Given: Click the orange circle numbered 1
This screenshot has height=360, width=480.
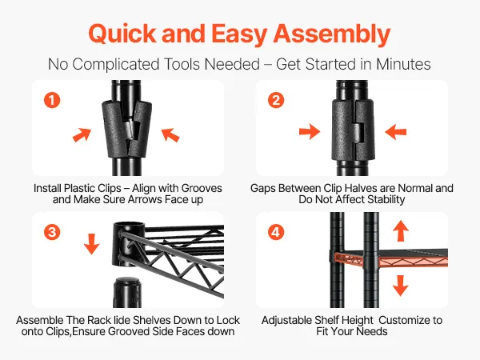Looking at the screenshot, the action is [x=52, y=100].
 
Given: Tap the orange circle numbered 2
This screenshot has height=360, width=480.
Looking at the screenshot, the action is [x=276, y=100].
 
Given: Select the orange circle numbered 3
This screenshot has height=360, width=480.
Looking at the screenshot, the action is [x=52, y=232].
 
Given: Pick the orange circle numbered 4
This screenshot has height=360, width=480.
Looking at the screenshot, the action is [x=276, y=232].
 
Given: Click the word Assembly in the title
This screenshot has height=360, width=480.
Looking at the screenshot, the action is [x=331, y=34].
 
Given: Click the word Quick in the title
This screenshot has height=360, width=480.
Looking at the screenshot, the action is [x=122, y=33].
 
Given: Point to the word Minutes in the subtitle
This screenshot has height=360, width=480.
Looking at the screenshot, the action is [x=403, y=64].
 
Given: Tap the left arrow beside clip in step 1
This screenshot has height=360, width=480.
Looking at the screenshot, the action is [x=82, y=135].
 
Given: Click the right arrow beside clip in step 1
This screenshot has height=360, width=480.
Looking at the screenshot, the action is [x=170, y=135].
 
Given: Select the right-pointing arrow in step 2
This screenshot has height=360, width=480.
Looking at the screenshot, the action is [x=310, y=132].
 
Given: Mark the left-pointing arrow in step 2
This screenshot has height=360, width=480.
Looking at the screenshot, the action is [x=395, y=132].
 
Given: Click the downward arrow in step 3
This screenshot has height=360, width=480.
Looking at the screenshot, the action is [x=91, y=244].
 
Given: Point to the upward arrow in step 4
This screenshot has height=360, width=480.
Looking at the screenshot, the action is [x=401, y=231].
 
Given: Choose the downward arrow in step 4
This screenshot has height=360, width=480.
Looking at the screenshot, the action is [x=401, y=286].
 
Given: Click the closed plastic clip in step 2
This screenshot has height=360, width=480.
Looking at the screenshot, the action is [x=353, y=130].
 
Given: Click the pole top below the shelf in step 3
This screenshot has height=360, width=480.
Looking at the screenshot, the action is [x=128, y=292].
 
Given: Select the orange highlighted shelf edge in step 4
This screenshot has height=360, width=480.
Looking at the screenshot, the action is [x=391, y=261].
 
